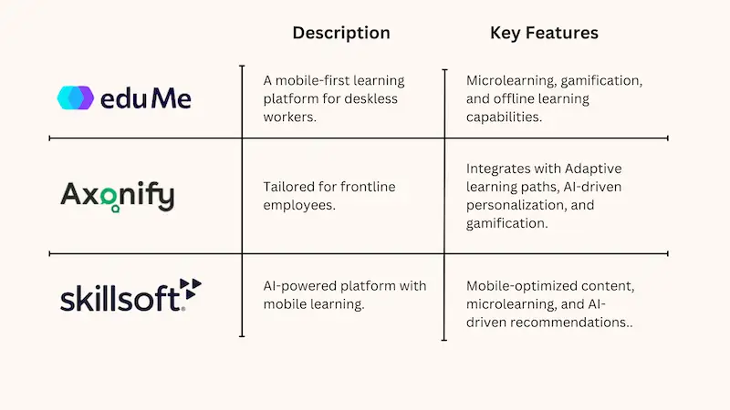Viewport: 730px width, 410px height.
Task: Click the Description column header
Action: point(340,33)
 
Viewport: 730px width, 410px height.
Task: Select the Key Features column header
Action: point(544,33)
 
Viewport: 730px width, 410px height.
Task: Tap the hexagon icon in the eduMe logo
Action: point(76,97)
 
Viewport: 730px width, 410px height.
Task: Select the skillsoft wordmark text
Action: point(120,298)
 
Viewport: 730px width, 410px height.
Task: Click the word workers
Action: point(289,117)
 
